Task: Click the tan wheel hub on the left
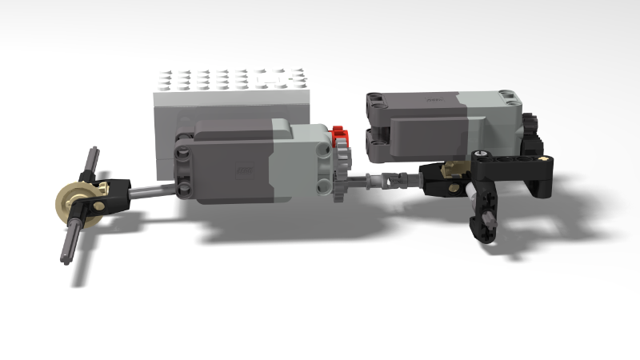74,199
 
